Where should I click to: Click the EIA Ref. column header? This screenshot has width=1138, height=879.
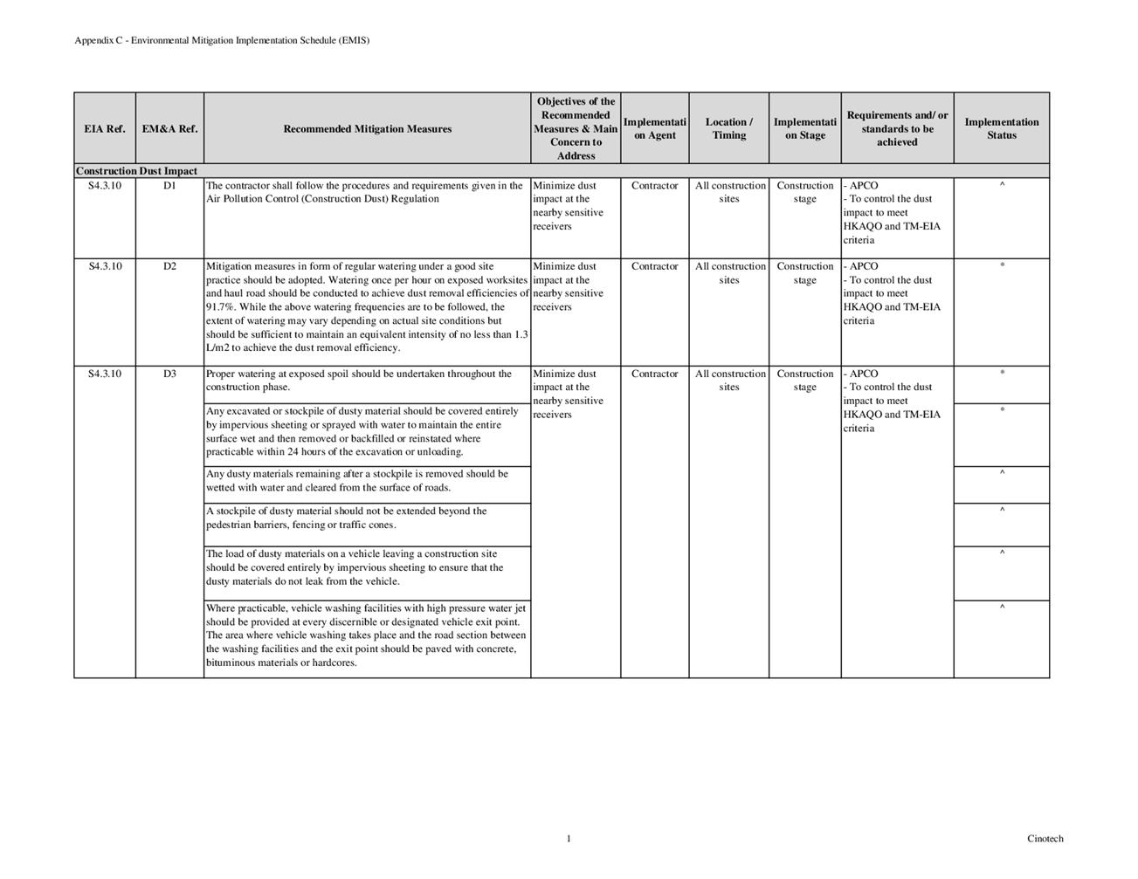[105, 129]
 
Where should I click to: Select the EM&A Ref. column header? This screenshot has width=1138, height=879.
[169, 129]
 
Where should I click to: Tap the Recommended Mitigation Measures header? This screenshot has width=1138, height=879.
[367, 129]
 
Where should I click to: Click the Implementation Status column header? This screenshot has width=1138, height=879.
[1001, 129]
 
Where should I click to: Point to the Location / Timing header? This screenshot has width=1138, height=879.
[728, 129]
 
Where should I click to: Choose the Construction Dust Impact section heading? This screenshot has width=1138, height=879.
[136, 171]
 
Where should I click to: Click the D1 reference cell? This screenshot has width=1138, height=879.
[169, 186]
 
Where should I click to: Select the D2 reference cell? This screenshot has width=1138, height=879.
[169, 267]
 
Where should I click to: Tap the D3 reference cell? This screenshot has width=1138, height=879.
[169, 374]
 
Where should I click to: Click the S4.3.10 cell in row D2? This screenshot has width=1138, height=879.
[105, 267]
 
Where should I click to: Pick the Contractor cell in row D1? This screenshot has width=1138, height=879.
[654, 186]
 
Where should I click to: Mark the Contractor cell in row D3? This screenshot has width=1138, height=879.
[654, 374]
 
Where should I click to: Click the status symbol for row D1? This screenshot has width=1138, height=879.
[1002, 186]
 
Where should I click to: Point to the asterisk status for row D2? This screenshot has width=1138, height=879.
[1002, 265]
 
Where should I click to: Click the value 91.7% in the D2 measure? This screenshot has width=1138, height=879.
[220, 307]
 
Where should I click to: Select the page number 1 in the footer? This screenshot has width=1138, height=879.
[569, 840]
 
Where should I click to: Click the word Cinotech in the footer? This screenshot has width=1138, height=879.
[1045, 840]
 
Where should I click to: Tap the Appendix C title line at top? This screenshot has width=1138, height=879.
[222, 40]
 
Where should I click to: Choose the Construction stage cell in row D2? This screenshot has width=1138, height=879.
[804, 273]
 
